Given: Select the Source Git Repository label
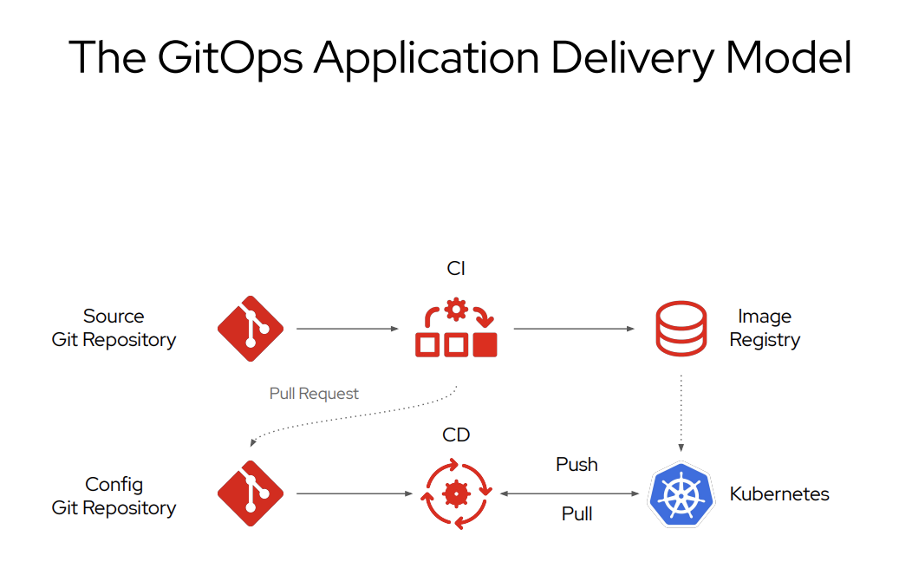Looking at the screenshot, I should click(x=114, y=328).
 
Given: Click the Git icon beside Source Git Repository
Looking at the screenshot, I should click(x=251, y=329).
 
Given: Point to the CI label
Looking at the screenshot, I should click(x=456, y=269).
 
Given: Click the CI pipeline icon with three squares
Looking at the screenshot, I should click(x=456, y=329).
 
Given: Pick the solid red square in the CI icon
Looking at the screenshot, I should click(x=485, y=344).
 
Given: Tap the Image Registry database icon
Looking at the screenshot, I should click(x=681, y=329).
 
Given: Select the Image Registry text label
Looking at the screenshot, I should click(x=765, y=328).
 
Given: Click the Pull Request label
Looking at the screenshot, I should click(x=314, y=394).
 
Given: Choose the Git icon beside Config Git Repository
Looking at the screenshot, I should click(x=251, y=493).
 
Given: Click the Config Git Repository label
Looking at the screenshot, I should click(x=114, y=496).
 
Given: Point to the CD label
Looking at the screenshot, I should click(x=456, y=435).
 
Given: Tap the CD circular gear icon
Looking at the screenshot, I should click(x=456, y=494).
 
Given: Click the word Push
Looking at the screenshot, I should click(x=577, y=465).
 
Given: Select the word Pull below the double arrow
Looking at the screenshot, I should click(x=577, y=514).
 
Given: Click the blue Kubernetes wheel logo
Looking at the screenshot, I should click(x=681, y=494).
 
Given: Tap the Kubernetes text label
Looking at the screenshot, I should click(x=779, y=494).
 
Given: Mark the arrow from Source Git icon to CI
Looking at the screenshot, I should click(x=347, y=330).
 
